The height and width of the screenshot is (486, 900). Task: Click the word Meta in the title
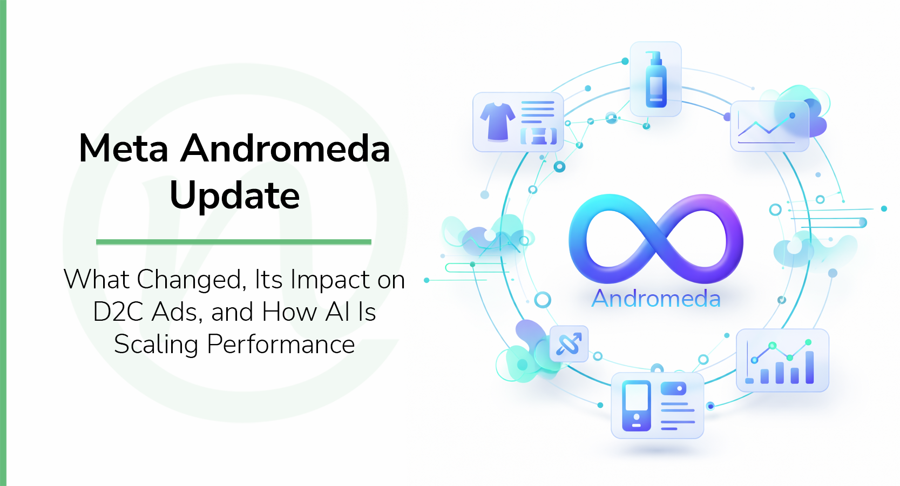coord(124,148)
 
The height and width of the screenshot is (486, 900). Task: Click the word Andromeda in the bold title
coord(286,148)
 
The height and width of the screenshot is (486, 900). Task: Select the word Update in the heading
coord(234,195)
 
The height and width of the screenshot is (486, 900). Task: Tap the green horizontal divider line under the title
coord(233,242)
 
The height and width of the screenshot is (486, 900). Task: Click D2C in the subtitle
coord(119,312)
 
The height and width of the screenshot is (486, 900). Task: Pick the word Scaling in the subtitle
coord(156,345)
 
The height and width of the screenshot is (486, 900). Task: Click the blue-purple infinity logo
coord(655,238)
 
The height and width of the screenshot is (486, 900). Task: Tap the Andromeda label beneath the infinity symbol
coord(656,299)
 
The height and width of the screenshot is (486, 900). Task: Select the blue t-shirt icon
coord(497,122)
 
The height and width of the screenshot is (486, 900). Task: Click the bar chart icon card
coord(782,360)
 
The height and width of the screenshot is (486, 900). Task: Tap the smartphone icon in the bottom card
coord(637,406)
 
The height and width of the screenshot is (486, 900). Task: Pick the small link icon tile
coord(569,344)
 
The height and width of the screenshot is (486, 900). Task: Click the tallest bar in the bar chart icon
coord(809,367)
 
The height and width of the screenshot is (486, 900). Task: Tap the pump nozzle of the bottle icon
coord(654,56)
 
